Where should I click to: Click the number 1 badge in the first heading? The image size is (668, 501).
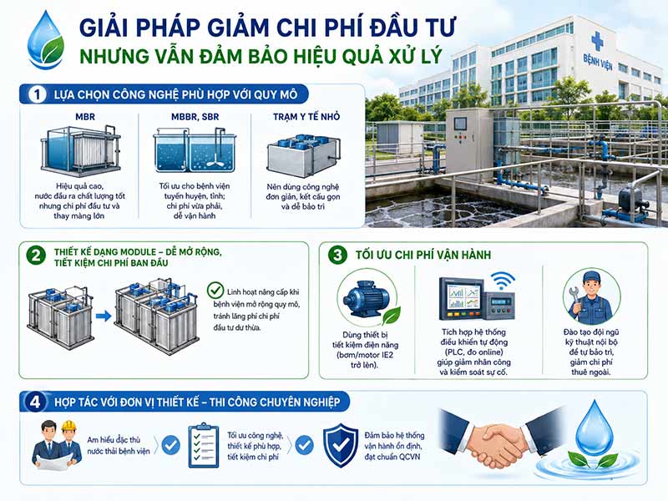tap(37, 94)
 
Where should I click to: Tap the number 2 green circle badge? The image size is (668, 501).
tap(36, 256)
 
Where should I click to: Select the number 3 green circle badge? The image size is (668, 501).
tap(337, 255)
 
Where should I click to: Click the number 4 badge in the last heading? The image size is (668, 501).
tap(35, 402)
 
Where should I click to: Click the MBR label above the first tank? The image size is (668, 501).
tap(85, 117)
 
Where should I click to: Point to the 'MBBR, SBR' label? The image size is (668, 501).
tap(195, 117)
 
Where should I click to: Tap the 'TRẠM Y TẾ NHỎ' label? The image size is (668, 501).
tap(306, 116)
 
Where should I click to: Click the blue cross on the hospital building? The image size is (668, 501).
tap(597, 41)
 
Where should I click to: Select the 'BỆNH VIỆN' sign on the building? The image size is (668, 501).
tap(598, 62)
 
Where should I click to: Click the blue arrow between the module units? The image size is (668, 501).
tap(103, 316)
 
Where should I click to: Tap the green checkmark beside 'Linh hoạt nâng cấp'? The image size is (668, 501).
tap(215, 290)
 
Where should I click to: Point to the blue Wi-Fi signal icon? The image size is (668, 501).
tap(503, 281)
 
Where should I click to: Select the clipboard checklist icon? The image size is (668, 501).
tap(203, 445)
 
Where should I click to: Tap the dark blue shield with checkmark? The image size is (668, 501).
tap(341, 445)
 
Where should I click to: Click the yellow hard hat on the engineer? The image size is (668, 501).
tap(68, 426)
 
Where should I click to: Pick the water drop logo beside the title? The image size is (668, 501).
tap(45, 39)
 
